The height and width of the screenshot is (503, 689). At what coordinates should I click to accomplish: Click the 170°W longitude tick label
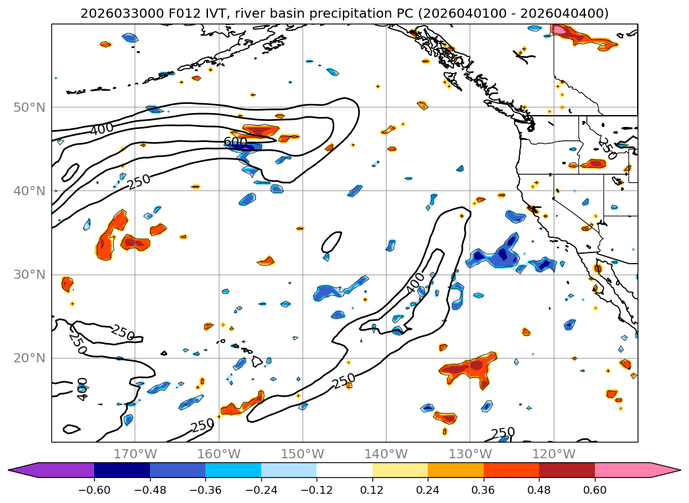[x=135, y=454]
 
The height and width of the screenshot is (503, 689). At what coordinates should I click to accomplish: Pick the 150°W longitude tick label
[x=302, y=454]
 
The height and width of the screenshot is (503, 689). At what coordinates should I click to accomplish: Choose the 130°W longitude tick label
[x=469, y=454]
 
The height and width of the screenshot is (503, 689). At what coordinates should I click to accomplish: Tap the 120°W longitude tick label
[x=553, y=454]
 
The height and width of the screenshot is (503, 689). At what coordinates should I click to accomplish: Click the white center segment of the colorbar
[x=344, y=470]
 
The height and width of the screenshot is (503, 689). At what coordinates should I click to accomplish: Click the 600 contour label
[x=235, y=142]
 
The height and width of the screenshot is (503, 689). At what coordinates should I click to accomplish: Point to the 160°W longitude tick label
[x=218, y=454]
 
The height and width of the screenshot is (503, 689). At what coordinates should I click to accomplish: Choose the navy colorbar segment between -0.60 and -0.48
[x=122, y=470]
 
